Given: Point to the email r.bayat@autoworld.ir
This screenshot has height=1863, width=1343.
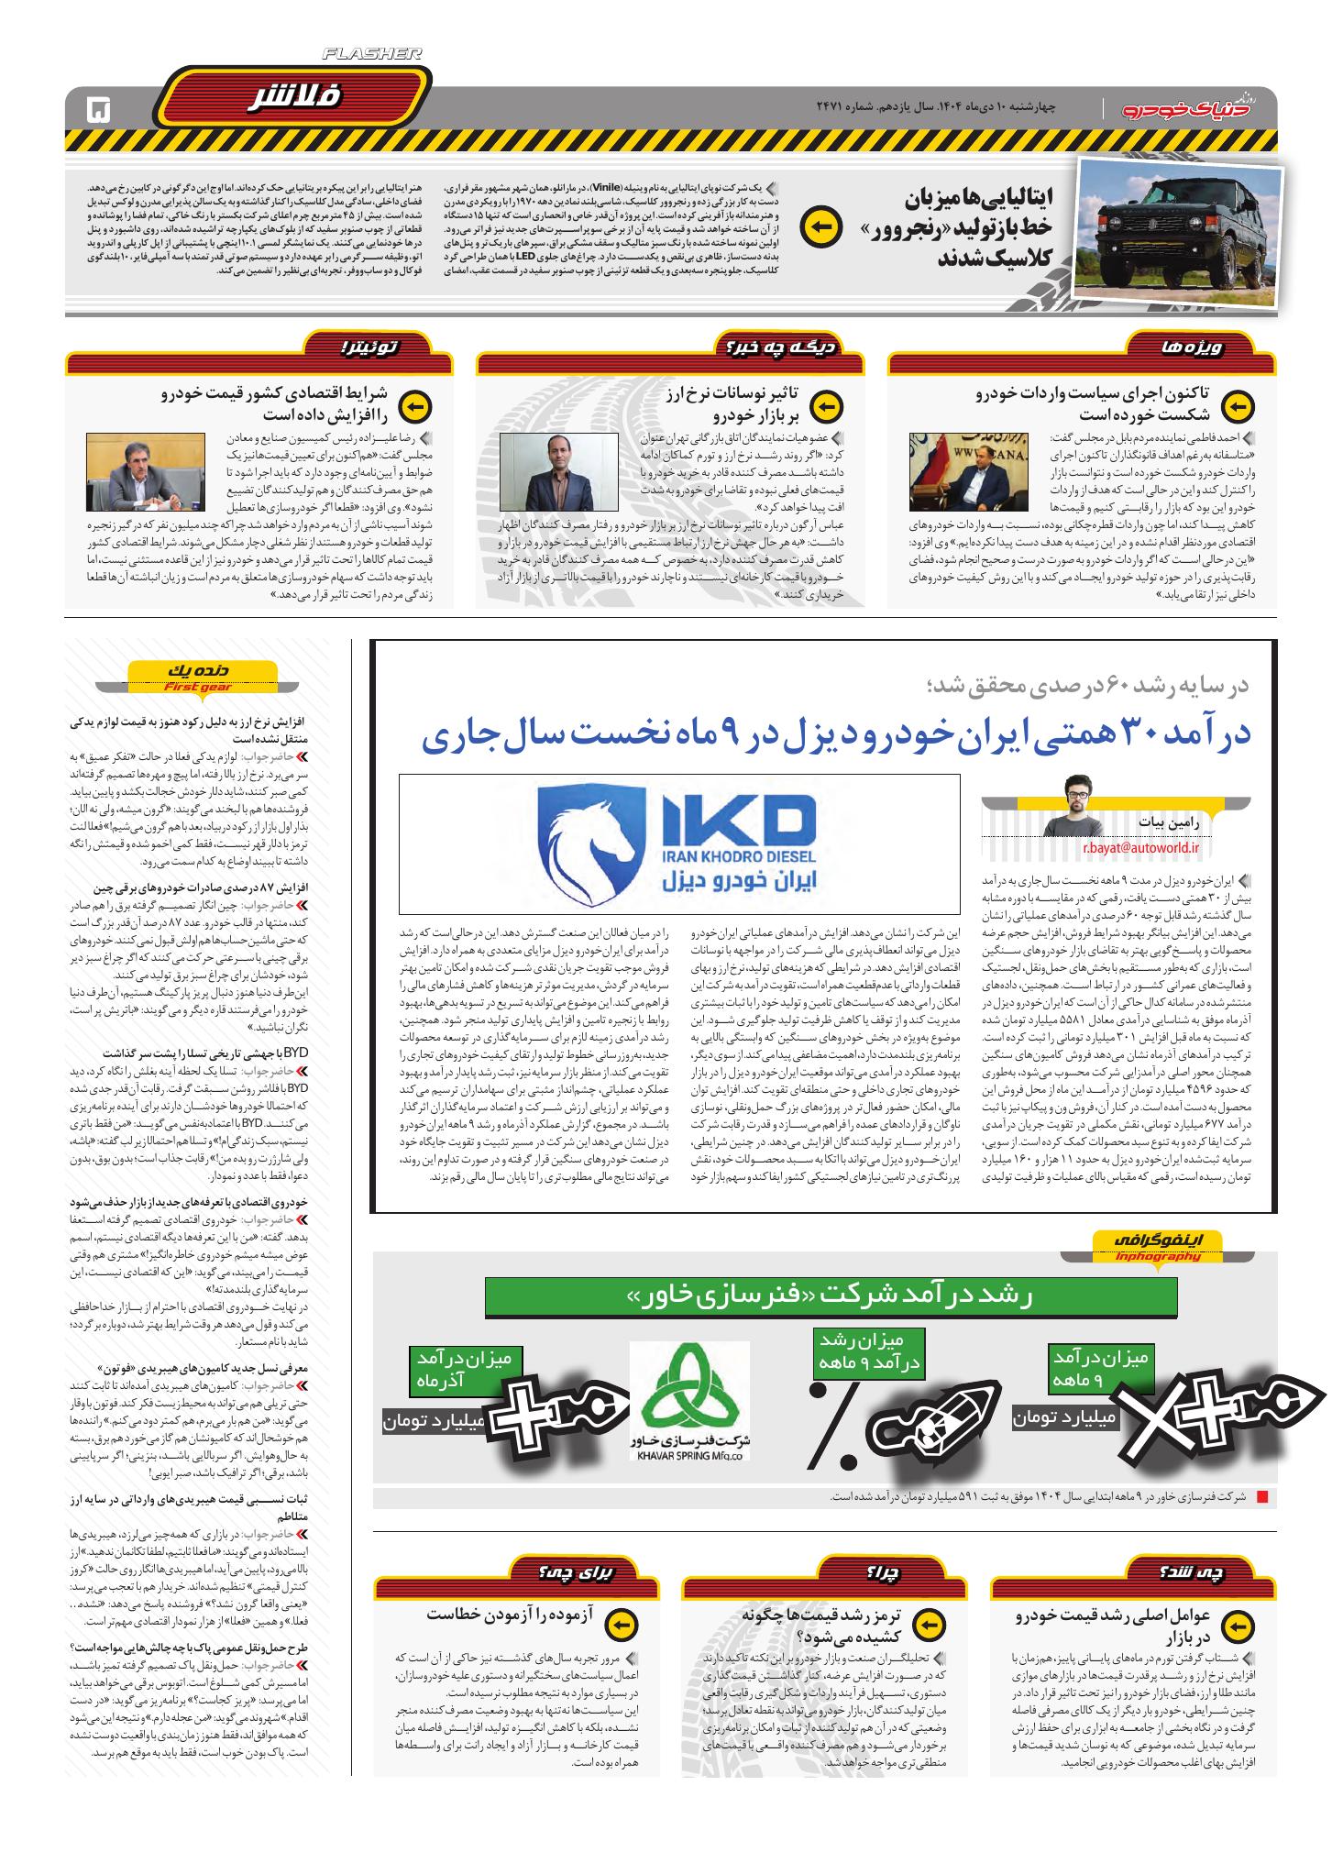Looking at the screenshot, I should (x=1139, y=847).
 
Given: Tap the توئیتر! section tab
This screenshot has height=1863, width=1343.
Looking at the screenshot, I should (x=370, y=347).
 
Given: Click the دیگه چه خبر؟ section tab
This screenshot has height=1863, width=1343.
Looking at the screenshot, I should (x=775, y=347).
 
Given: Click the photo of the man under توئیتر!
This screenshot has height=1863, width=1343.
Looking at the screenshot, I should (x=133, y=472).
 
